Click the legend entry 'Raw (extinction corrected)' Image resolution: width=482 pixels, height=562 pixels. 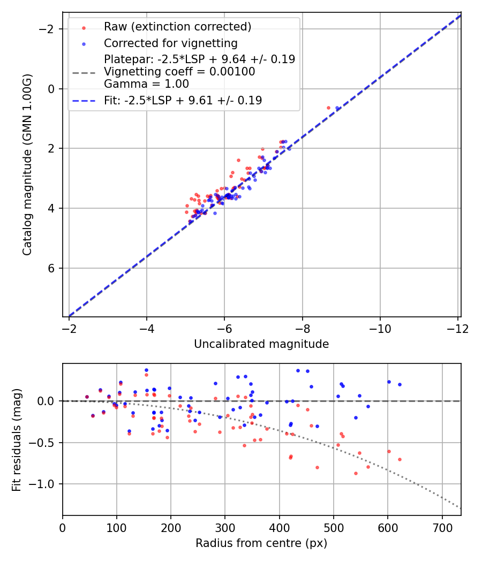coord(177,27)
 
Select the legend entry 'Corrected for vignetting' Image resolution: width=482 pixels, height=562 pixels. coord(170,43)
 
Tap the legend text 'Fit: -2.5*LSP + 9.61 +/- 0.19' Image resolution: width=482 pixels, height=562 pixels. coord(183,100)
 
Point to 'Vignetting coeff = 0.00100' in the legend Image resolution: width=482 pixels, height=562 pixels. coord(179,72)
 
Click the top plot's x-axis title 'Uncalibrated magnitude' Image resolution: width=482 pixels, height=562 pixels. coord(261,344)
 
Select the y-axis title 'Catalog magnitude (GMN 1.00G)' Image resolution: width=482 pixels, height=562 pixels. coord(27,164)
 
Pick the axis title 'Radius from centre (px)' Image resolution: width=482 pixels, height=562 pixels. coord(261,543)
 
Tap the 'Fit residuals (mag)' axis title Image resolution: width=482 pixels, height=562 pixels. coord(17,439)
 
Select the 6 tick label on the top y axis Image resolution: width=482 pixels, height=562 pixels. coord(52,268)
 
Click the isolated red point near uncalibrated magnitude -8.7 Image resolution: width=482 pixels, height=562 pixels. coord(328,108)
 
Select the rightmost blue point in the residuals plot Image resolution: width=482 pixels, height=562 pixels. coord(400,384)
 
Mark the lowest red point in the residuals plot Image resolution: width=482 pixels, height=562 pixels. coord(356,473)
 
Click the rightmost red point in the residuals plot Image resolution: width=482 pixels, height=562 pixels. coord(400,459)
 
